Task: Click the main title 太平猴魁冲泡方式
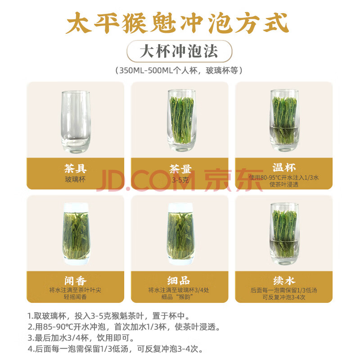(x=177, y=23)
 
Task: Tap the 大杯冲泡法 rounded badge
(x=179, y=51)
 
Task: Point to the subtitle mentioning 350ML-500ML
(x=179, y=70)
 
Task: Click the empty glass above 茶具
(x=76, y=121)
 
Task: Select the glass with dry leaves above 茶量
(x=181, y=120)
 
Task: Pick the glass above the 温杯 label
(x=284, y=120)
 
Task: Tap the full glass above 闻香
(x=76, y=234)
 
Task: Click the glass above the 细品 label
(x=181, y=234)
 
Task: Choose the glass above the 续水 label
(x=284, y=234)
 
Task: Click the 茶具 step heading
(x=75, y=169)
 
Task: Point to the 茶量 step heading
(x=180, y=169)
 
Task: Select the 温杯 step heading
(x=284, y=167)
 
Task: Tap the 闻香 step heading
(x=75, y=281)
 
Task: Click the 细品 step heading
(x=179, y=280)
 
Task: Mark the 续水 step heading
(x=284, y=280)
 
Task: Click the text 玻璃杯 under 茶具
(x=75, y=179)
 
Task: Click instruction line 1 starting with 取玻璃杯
(x=109, y=316)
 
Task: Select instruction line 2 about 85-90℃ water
(x=124, y=327)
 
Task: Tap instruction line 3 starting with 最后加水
(x=81, y=338)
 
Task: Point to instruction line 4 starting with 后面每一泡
(x=116, y=349)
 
